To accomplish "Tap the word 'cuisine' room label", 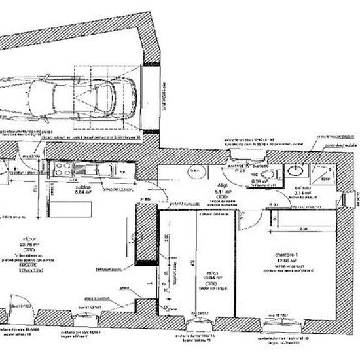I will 82,187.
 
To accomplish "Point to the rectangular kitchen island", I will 66,211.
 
